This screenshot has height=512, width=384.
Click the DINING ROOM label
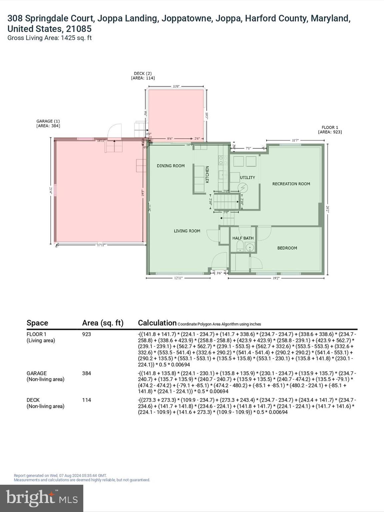[171, 166]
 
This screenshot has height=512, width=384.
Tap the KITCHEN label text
[207, 174]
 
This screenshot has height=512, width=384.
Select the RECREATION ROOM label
[291, 184]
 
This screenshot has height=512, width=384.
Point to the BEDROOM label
[287, 248]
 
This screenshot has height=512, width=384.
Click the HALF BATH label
[243, 238]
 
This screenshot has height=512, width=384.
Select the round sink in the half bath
[250, 247]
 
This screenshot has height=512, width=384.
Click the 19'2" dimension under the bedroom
[276, 278]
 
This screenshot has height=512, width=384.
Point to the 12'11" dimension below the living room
[178, 278]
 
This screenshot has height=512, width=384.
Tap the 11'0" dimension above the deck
[176, 86]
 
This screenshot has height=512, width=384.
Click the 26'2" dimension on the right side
[328, 209]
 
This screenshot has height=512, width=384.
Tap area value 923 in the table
[86, 334]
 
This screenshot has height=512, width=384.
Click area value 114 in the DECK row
[86, 400]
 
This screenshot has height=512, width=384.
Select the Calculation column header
[157, 323]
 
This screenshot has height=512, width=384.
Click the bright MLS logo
[42, 498]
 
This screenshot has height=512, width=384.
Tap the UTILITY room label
[247, 177]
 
